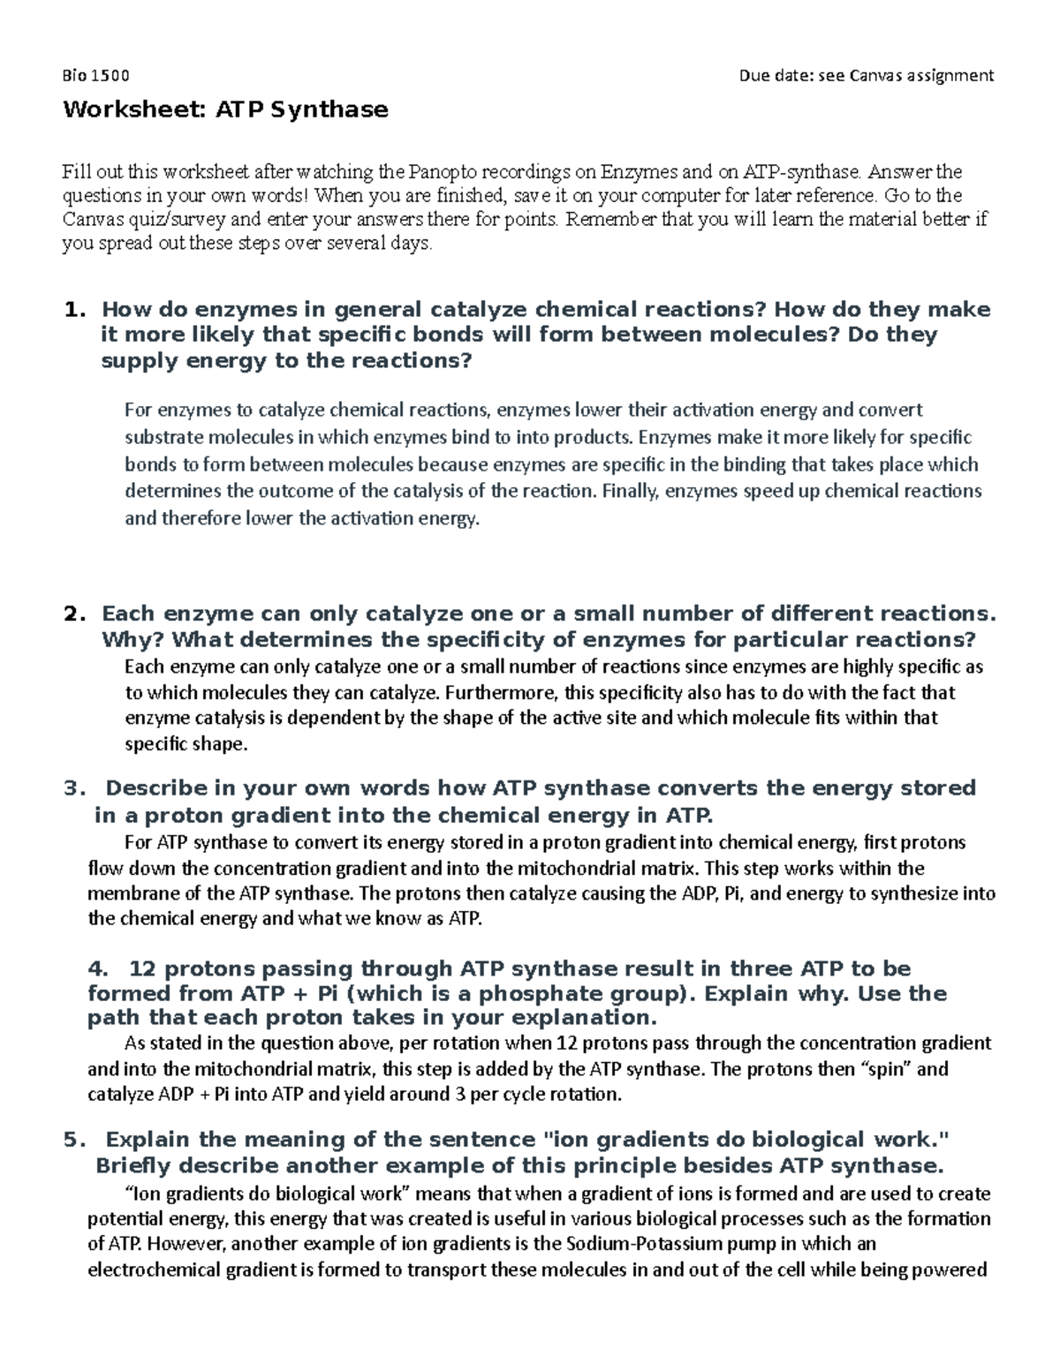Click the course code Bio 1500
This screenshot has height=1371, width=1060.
coord(95,75)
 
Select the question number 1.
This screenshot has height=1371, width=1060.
coord(74,310)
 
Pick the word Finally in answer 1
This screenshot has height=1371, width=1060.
coord(629,491)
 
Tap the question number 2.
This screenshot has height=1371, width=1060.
coord(74,614)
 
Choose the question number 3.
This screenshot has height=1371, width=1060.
coord(74,787)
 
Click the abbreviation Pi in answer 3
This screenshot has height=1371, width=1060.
coord(731,893)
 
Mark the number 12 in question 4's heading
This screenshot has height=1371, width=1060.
coord(141,968)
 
